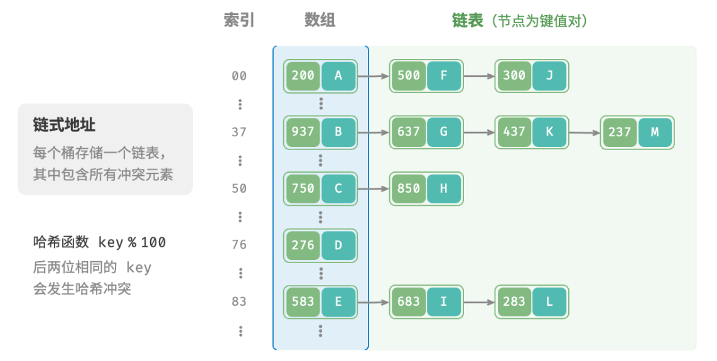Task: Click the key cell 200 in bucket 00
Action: pyautogui.click(x=303, y=76)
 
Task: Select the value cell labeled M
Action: pyautogui.click(x=654, y=132)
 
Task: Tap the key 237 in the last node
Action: pyautogui.click(x=619, y=132)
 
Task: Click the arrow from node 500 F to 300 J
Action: pyautogui.click(x=478, y=77)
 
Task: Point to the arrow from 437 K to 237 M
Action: pyautogui.click(x=584, y=132)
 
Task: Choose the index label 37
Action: pyautogui.click(x=239, y=132)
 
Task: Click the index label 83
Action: pyautogui.click(x=239, y=302)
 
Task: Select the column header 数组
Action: pyautogui.click(x=320, y=21)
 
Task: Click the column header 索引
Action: pyautogui.click(x=239, y=21)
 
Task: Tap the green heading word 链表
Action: pyautogui.click(x=468, y=21)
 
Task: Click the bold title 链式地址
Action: pyautogui.click(x=64, y=125)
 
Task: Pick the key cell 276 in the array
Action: pyautogui.click(x=303, y=245)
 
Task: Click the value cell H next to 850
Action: pyautogui.click(x=443, y=189)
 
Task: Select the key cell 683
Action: pyautogui.click(x=408, y=302)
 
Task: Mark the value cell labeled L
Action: pyautogui.click(x=549, y=302)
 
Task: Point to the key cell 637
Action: pyautogui.click(x=408, y=132)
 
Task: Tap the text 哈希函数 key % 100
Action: pyautogui.click(x=99, y=242)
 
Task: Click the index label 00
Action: pyautogui.click(x=239, y=77)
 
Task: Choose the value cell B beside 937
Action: pyautogui.click(x=338, y=132)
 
